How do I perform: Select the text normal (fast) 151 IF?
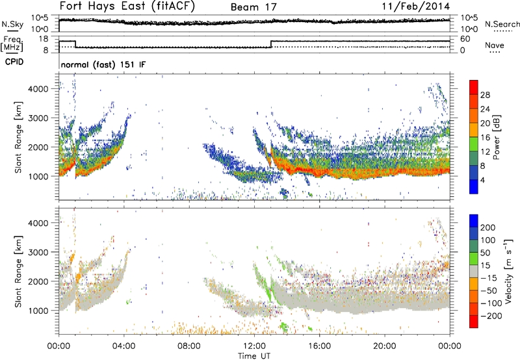pos(103,65)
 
